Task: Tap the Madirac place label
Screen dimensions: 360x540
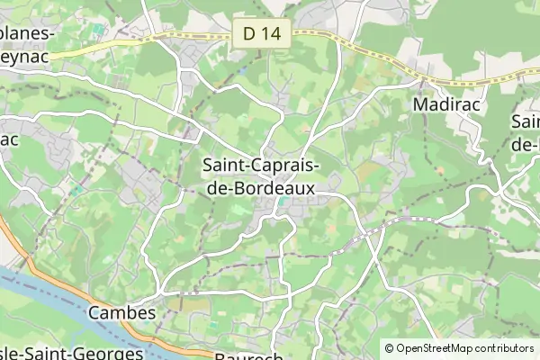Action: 443,104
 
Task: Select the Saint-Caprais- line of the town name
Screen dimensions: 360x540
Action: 259,166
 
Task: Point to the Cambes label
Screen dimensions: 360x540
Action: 121,313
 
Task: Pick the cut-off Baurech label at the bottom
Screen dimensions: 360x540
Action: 250,355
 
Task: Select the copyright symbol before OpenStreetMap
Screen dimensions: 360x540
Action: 390,348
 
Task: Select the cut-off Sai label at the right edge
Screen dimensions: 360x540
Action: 526,121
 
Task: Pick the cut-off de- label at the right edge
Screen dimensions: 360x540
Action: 526,143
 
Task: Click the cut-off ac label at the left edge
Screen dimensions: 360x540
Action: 9,140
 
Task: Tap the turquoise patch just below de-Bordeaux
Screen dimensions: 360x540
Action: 284,202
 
